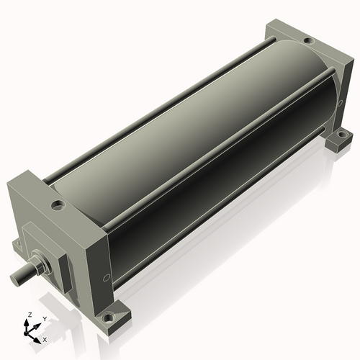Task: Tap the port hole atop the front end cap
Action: (x=58, y=205)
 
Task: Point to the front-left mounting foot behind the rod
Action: (x=17, y=246)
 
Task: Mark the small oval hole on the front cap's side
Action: (x=106, y=278)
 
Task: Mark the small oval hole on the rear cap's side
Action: (x=340, y=103)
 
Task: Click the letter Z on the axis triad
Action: (x=30, y=315)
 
